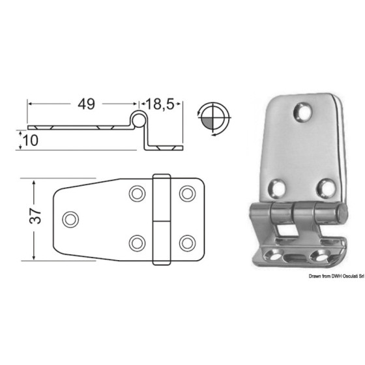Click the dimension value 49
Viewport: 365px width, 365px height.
(x=86, y=104)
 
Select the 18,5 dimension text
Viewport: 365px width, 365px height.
(x=160, y=104)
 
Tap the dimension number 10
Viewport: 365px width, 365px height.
(x=31, y=140)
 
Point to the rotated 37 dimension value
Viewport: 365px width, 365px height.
(x=35, y=216)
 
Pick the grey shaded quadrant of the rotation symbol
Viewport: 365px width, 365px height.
(x=208, y=123)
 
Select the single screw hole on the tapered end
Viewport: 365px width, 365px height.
(x=70, y=219)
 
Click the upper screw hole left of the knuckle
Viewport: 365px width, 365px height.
(x=137, y=194)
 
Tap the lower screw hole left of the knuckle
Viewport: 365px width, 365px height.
(x=137, y=243)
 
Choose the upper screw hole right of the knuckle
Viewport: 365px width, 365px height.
(x=188, y=194)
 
